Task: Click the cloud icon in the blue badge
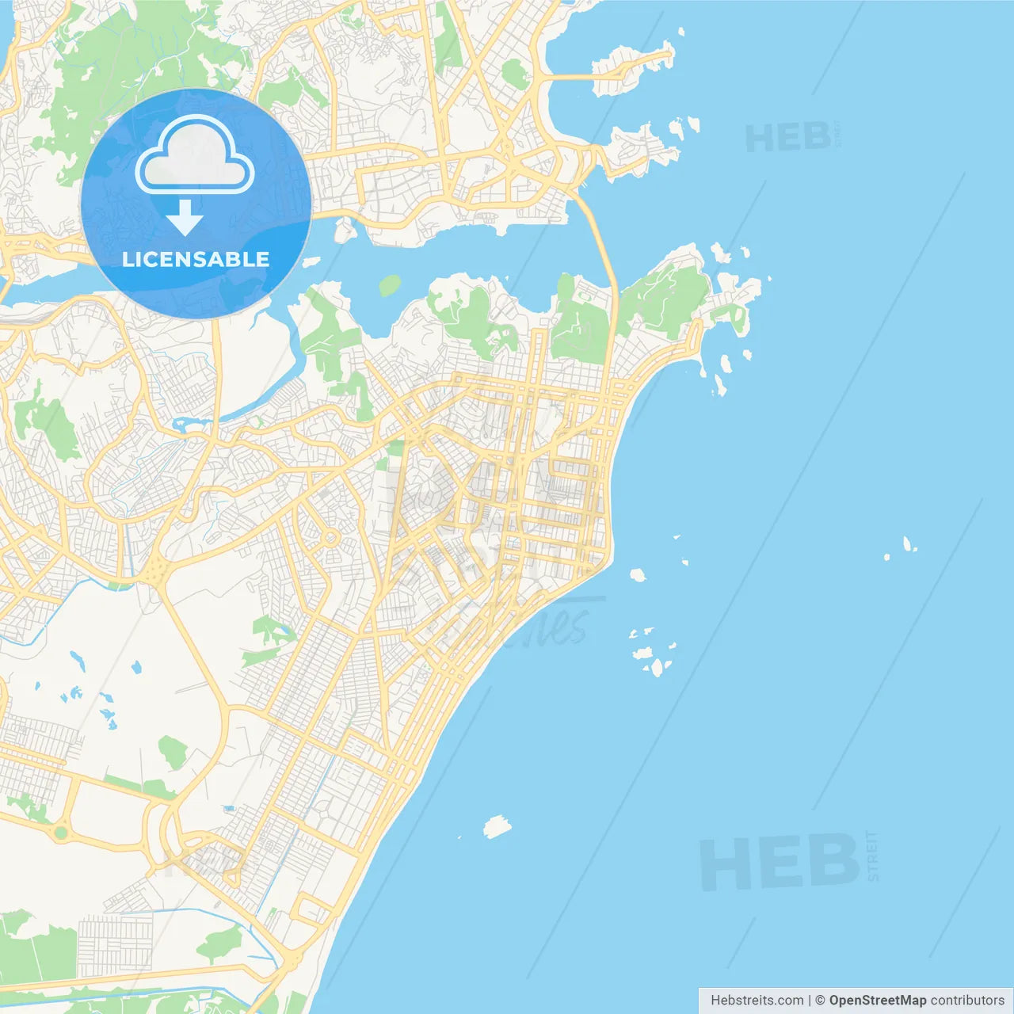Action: pyautogui.click(x=195, y=156)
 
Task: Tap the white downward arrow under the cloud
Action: pyautogui.click(x=185, y=218)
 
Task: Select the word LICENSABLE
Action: pyautogui.click(x=196, y=259)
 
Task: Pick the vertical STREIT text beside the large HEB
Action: pyautogui.click(x=872, y=856)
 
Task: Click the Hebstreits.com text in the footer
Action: pyautogui.click(x=757, y=1001)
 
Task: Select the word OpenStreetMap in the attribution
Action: pyautogui.click(x=877, y=1001)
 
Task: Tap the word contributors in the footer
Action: pyautogui.click(x=966, y=1001)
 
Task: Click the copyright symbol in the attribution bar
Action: pyautogui.click(x=820, y=1001)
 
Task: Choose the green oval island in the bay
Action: pyautogui.click(x=390, y=285)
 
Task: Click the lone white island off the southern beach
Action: pyautogui.click(x=497, y=827)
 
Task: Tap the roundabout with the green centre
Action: pyautogui.click(x=61, y=833)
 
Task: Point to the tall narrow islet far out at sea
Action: pyautogui.click(x=908, y=543)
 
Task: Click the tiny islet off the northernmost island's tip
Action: pyautogui.click(x=680, y=32)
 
